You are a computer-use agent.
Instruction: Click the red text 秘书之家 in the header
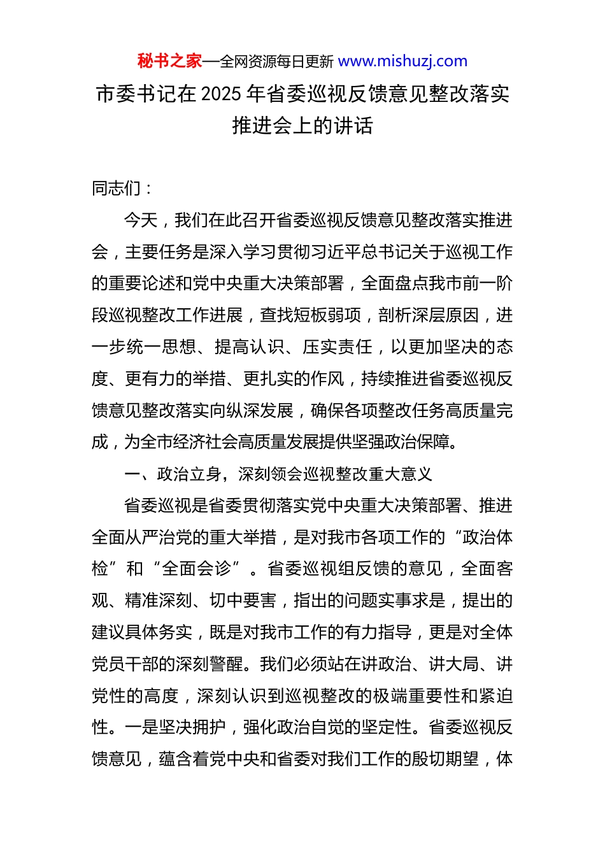coord(169,61)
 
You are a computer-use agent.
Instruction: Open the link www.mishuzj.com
coord(402,61)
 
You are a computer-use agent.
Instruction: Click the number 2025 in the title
coord(221,94)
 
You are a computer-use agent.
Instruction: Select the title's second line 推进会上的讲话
coord(302,125)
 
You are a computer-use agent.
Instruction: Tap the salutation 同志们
coord(117,188)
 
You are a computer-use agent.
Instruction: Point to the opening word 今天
coord(141,220)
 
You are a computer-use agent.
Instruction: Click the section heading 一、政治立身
coord(173,474)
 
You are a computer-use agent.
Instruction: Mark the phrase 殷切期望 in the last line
coord(445,759)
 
